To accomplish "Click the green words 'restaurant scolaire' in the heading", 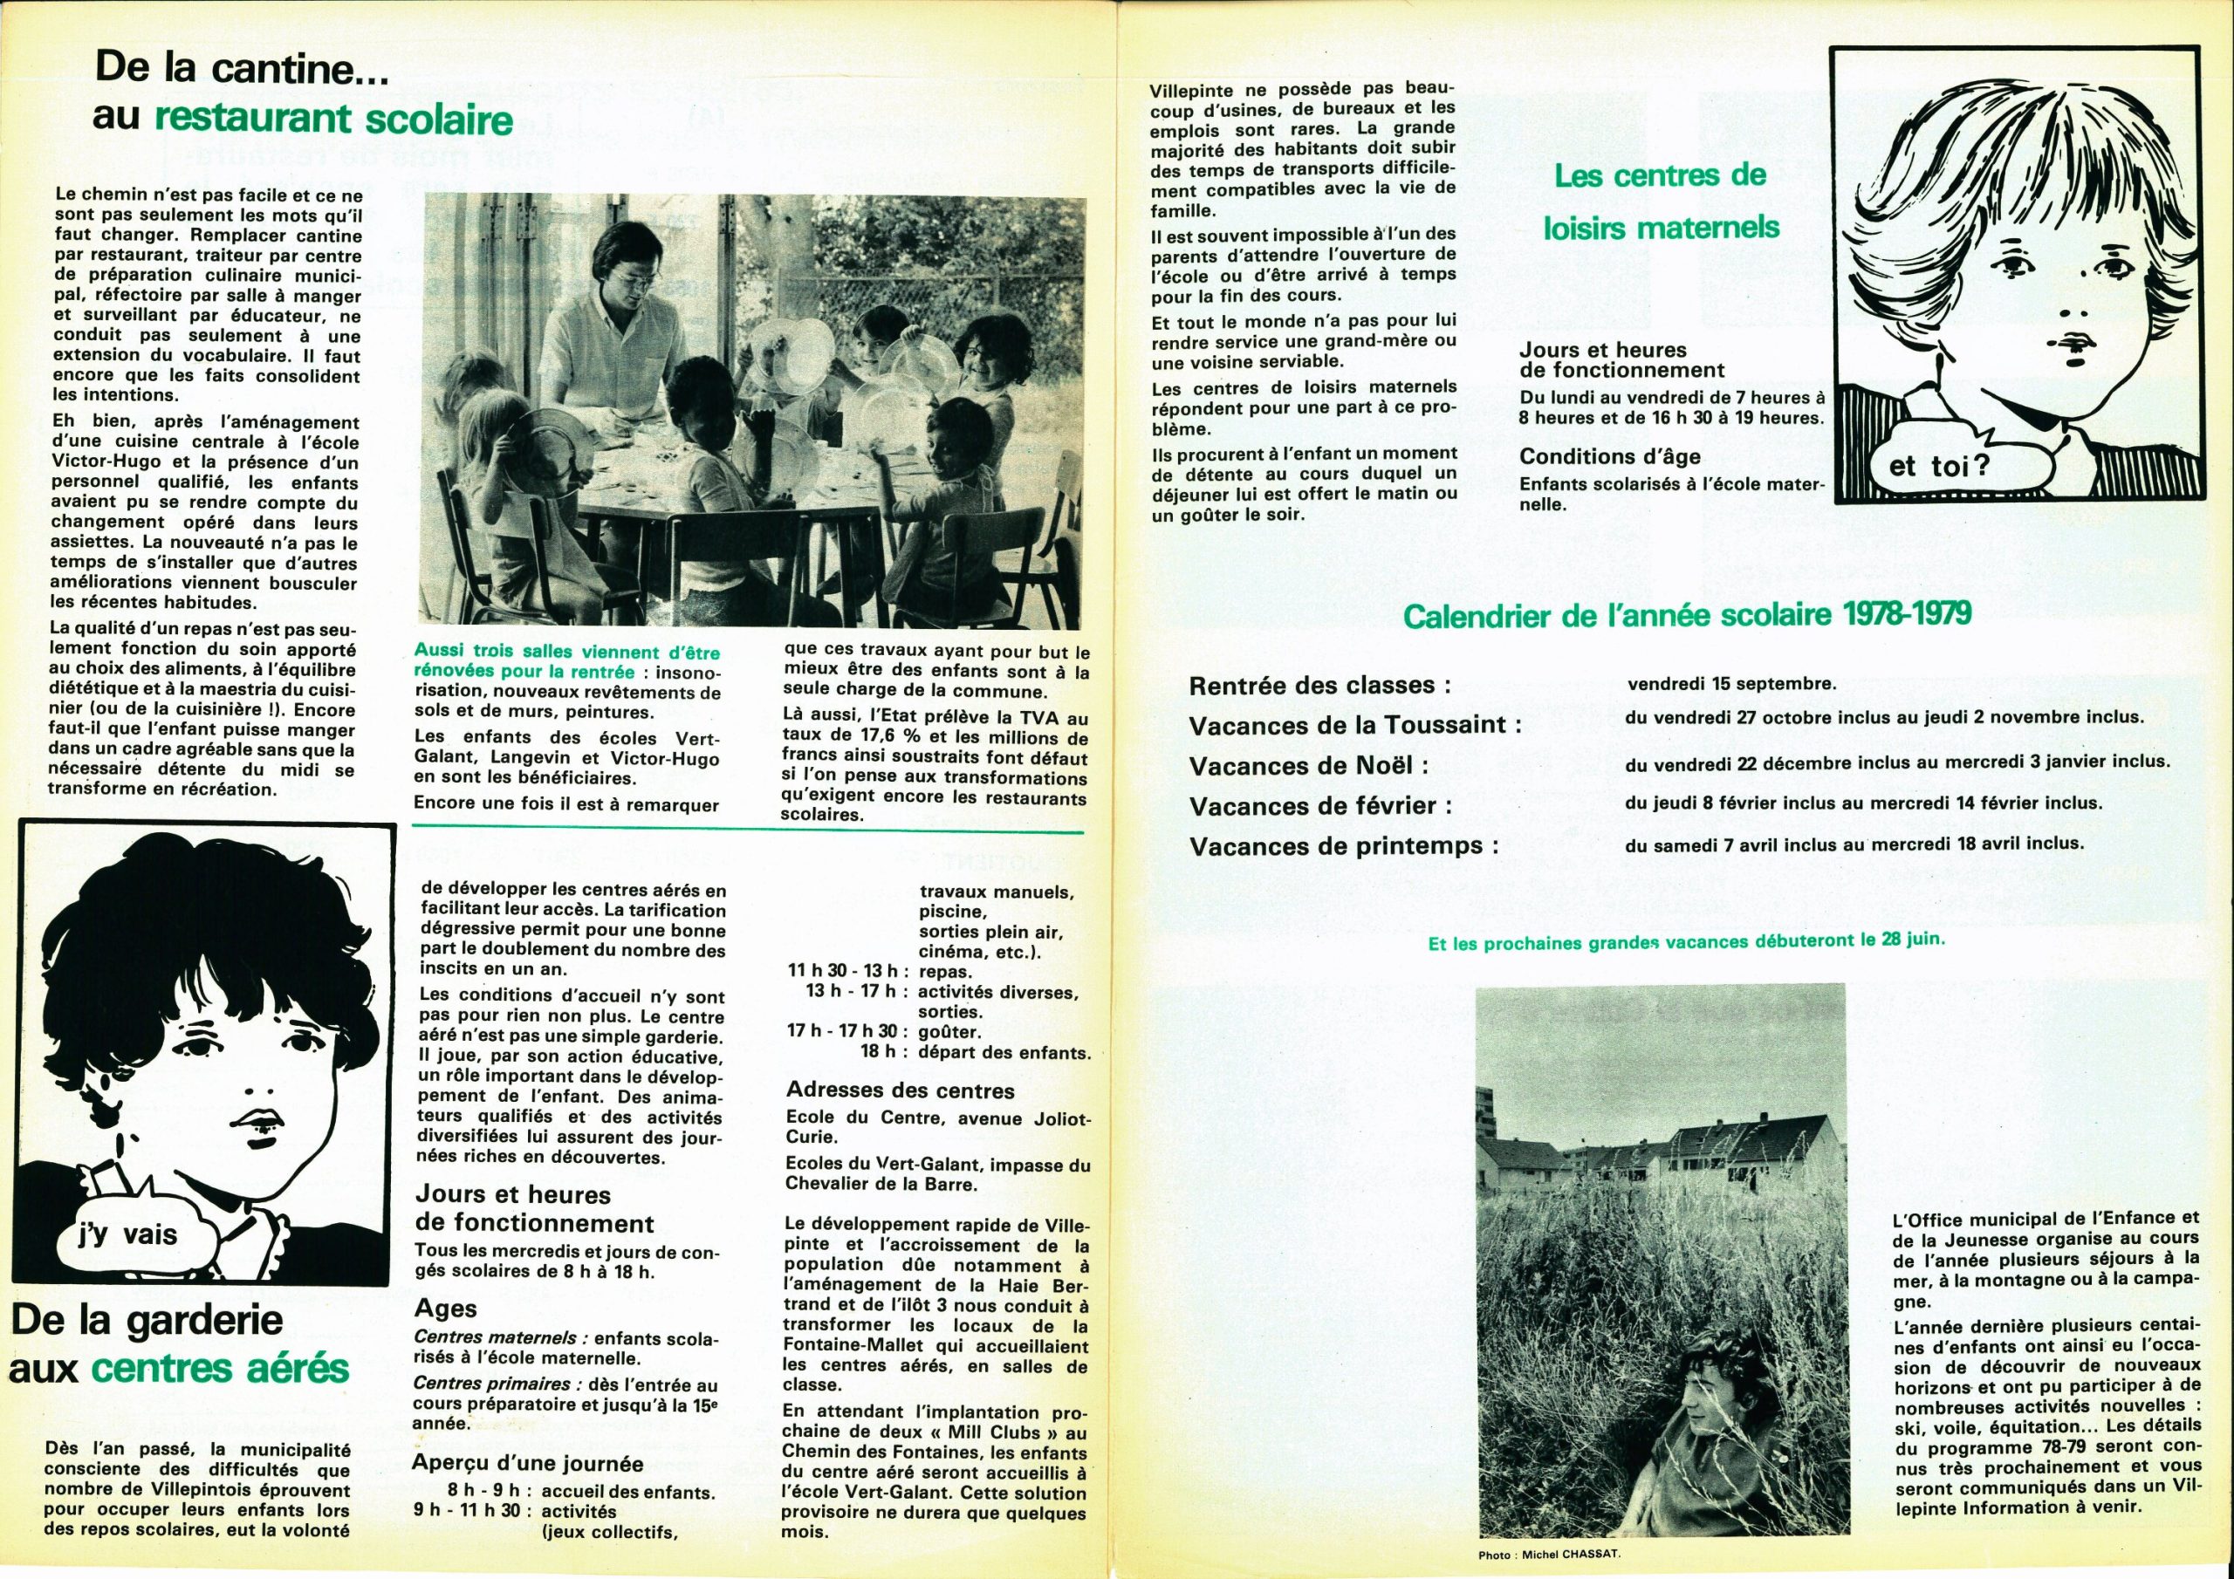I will point(333,119).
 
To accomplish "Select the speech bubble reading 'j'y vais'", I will point(127,1234).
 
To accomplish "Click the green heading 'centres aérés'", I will point(220,1368).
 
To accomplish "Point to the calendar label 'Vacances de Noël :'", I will point(1309,766).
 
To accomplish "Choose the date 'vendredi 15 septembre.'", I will point(1732,684).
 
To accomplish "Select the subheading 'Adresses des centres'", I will point(900,1090).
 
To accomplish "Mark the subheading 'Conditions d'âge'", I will point(1609,456).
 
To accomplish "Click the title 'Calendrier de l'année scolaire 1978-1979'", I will point(1687,615).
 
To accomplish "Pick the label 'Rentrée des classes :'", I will point(1319,685).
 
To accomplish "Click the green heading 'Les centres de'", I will point(1660,176).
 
